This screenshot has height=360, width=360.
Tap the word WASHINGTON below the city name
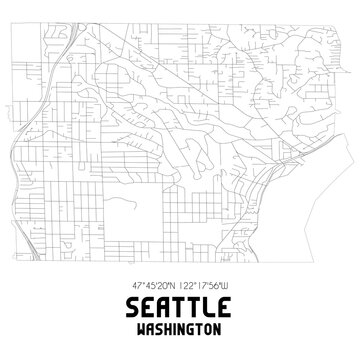[x=180, y=331]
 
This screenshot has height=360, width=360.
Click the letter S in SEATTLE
[x=129, y=305]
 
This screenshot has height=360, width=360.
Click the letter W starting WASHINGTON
[x=140, y=331]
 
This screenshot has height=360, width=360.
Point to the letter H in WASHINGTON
[x=166, y=331]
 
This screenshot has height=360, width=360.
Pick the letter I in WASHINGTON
[x=173, y=331]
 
